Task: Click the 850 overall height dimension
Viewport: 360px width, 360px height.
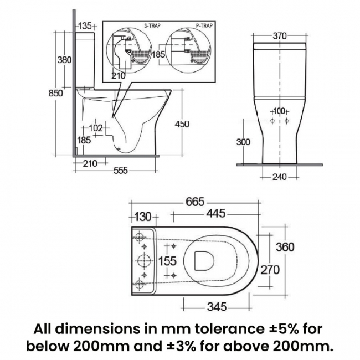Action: coord(56,94)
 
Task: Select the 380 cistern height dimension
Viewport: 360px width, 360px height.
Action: coord(64,59)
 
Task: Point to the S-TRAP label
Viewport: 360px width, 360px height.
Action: coord(130,26)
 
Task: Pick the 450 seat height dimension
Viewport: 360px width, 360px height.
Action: coord(182,124)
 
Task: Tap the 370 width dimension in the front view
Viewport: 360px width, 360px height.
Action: coord(280,36)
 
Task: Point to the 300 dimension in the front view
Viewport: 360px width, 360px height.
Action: coord(243,142)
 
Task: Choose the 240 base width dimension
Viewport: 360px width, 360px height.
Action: coord(280,177)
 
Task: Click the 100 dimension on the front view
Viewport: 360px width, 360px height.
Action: coord(279,111)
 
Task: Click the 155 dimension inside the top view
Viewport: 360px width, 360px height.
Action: coord(168,260)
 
